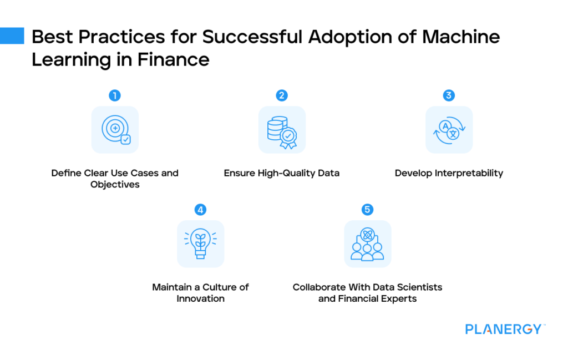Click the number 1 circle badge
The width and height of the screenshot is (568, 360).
pyautogui.click(x=115, y=95)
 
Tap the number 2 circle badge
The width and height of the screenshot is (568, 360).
pyautogui.click(x=282, y=95)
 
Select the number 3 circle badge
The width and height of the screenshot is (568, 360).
pyautogui.click(x=449, y=95)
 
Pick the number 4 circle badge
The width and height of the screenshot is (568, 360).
pyautogui.click(x=200, y=210)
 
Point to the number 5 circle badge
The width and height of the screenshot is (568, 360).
pyautogui.click(x=367, y=210)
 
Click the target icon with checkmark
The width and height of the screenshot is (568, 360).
pyautogui.click(x=115, y=130)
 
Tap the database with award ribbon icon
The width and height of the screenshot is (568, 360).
pyautogui.click(x=282, y=130)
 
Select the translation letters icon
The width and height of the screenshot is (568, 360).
pyautogui.click(x=449, y=130)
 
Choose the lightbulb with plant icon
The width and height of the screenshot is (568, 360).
pyautogui.click(x=200, y=244)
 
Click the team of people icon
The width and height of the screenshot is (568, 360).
pyautogui.click(x=367, y=244)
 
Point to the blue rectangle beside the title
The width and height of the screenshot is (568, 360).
pyautogui.click(x=12, y=36)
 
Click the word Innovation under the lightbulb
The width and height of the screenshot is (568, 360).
pyautogui.click(x=200, y=298)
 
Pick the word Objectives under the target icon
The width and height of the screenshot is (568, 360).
pyautogui.click(x=115, y=184)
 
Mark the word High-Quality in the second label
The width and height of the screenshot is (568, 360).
pyautogui.click(x=287, y=173)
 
